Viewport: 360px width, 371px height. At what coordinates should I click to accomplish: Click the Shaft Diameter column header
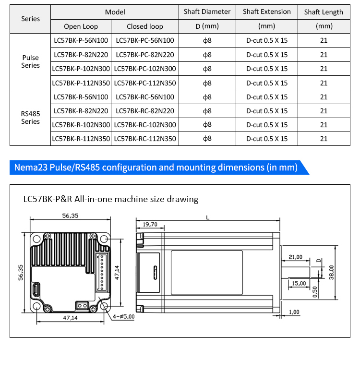pyautogui.click(x=207, y=12)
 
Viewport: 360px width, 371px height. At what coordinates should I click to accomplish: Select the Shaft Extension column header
pyautogui.click(x=266, y=12)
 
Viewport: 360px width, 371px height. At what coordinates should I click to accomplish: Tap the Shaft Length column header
pyautogui.click(x=324, y=12)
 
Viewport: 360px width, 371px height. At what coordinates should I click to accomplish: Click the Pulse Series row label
pyautogui.click(x=31, y=61)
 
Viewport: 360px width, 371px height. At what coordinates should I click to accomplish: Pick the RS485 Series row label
pyautogui.click(x=31, y=118)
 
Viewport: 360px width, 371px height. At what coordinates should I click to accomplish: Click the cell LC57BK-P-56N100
pyautogui.click(x=81, y=41)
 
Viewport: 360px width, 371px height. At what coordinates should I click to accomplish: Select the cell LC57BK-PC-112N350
pyautogui.click(x=145, y=83)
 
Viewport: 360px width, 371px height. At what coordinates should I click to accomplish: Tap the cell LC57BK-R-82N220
pyautogui.click(x=81, y=111)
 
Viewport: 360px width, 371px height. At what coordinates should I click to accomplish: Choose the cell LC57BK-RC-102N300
pyautogui.click(x=145, y=125)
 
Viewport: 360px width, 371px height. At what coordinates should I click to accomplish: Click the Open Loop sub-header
pyautogui.click(x=81, y=26)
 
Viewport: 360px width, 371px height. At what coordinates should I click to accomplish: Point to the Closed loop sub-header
pyautogui.click(x=145, y=26)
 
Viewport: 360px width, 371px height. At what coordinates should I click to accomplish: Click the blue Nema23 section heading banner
pyautogui.click(x=156, y=168)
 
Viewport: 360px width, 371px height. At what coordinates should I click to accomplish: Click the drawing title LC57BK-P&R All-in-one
pyautogui.click(x=111, y=199)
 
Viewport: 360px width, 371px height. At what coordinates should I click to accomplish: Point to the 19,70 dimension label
pyautogui.click(x=150, y=224)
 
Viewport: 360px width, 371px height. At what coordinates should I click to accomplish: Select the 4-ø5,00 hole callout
pyautogui.click(x=123, y=316)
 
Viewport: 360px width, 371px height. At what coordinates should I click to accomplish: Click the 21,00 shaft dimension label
pyautogui.click(x=296, y=257)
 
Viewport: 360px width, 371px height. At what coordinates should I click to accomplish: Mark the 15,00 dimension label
pyautogui.click(x=299, y=283)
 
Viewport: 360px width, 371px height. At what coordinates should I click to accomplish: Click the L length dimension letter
pyautogui.click(x=207, y=217)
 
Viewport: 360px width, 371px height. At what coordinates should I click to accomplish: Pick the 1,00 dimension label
pyautogui.click(x=294, y=312)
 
